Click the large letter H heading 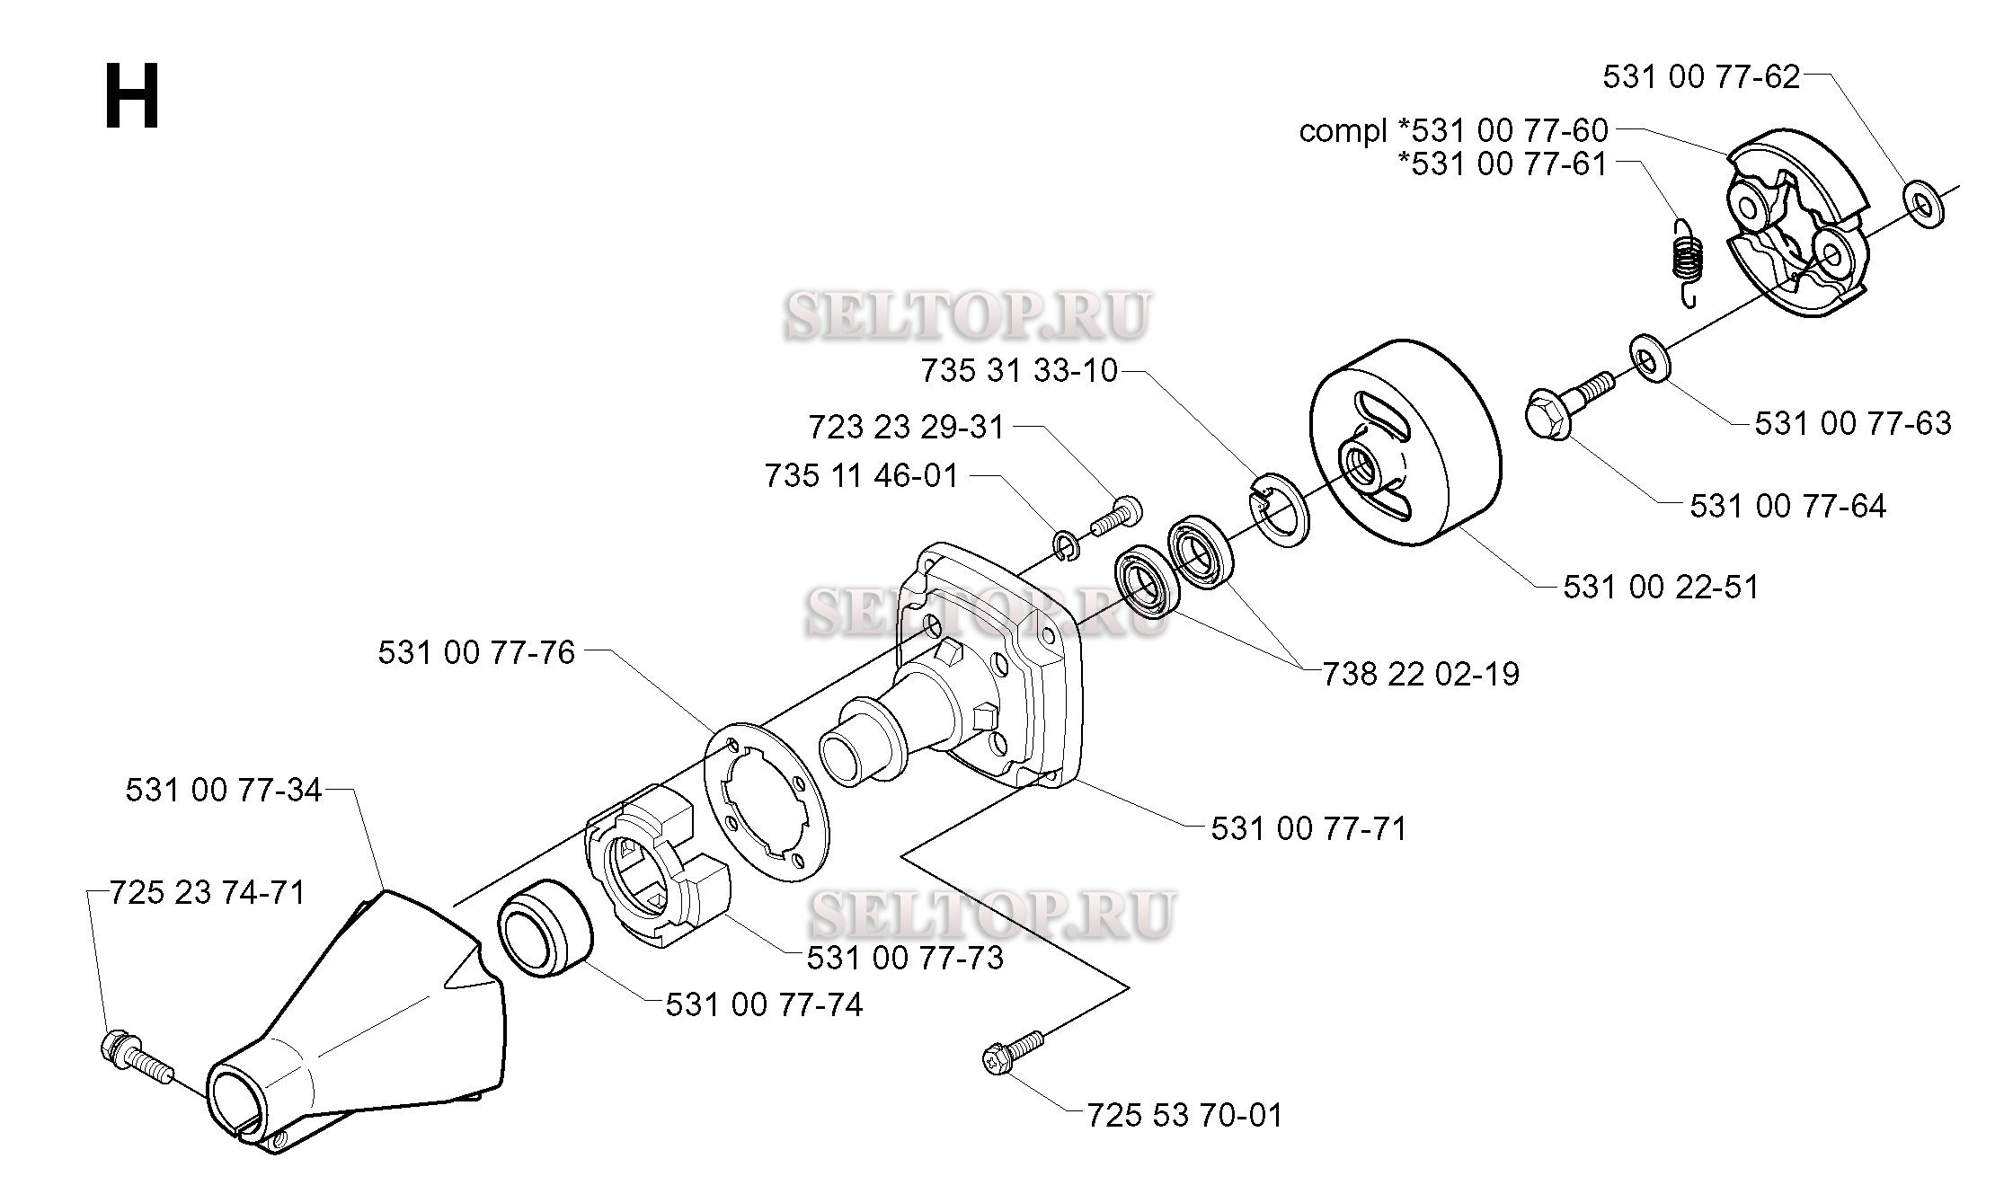tap(132, 97)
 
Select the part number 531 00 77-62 tap(1701, 77)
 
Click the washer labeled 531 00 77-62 tap(1922, 206)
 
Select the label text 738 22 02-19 tap(1421, 674)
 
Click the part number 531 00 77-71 tap(1308, 828)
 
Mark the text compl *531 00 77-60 tap(1453, 131)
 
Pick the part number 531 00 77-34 tap(224, 791)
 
